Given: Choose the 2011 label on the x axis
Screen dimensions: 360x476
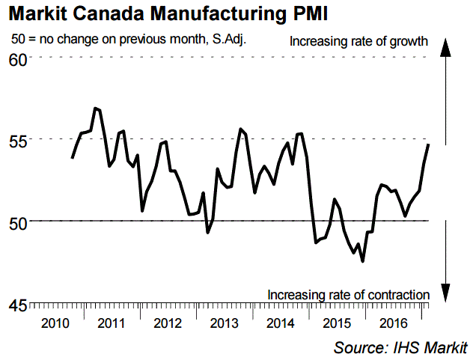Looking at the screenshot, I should [x=112, y=323].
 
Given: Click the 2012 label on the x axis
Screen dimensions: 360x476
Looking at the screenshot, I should [x=166, y=323].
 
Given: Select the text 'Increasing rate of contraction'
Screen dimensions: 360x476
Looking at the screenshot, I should [x=348, y=294].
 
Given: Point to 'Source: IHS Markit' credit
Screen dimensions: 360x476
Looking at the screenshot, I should [x=400, y=347].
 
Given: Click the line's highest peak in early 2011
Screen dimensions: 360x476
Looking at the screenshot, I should [x=95, y=109].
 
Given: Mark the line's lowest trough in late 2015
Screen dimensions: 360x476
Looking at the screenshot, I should [x=363, y=261].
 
